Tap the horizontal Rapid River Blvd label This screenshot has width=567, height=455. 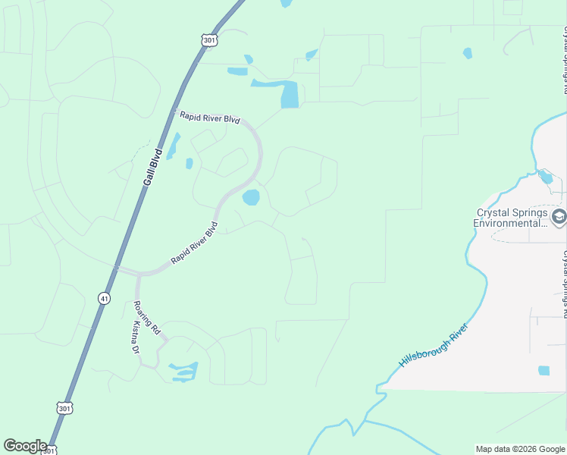pos(209,119)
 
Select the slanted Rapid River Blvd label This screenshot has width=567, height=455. pos(195,243)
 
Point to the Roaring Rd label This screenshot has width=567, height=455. pos(146,317)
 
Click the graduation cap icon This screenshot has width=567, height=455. pos(559,218)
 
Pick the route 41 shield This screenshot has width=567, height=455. pos(103,298)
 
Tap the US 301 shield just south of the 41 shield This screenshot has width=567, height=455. pos(64,408)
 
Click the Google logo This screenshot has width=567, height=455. pos(25,446)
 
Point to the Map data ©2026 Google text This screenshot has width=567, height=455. pos(520,449)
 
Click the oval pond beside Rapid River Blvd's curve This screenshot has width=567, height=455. pos(250,198)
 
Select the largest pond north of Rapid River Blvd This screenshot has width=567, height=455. pos(289,94)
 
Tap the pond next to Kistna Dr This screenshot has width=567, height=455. pos(184,371)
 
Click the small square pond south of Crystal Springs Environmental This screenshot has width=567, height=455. pos(544,371)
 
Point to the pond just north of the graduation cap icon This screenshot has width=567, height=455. pos(545,178)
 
